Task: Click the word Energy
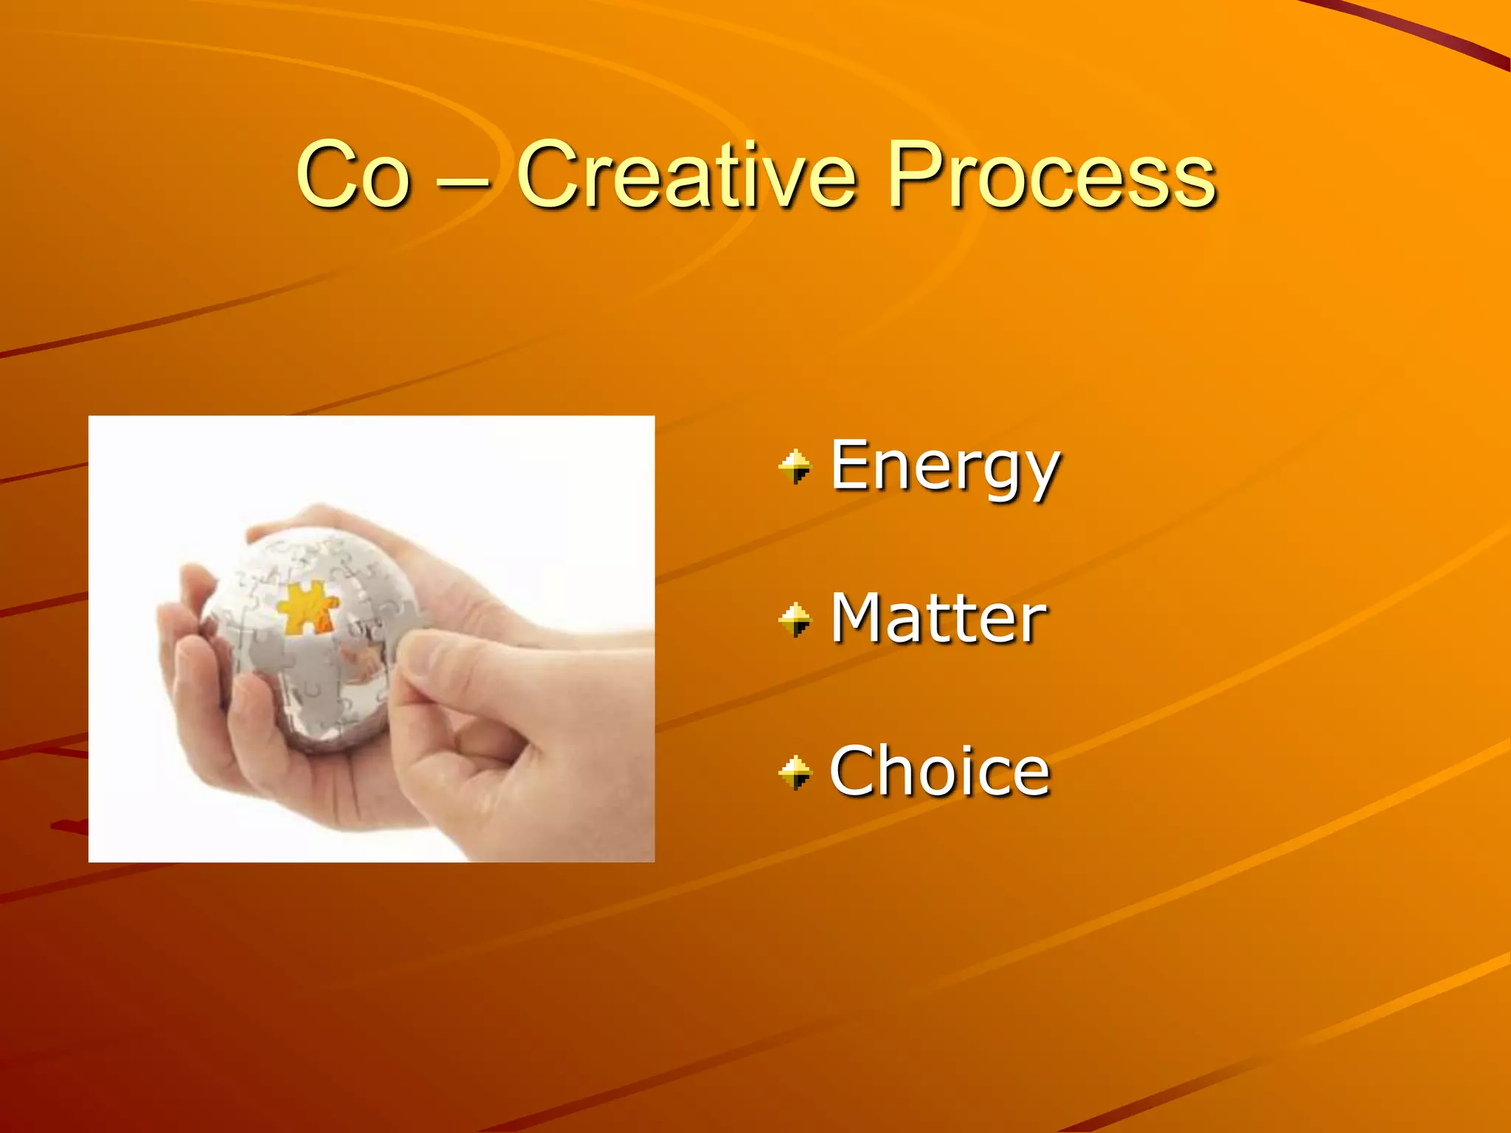944,466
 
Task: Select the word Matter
938,620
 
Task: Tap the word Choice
939,772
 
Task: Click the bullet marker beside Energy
795,467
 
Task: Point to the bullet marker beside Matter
795,620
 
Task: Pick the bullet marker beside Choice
795,772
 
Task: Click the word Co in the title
353,176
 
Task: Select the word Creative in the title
686,176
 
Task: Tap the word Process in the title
1051,176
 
